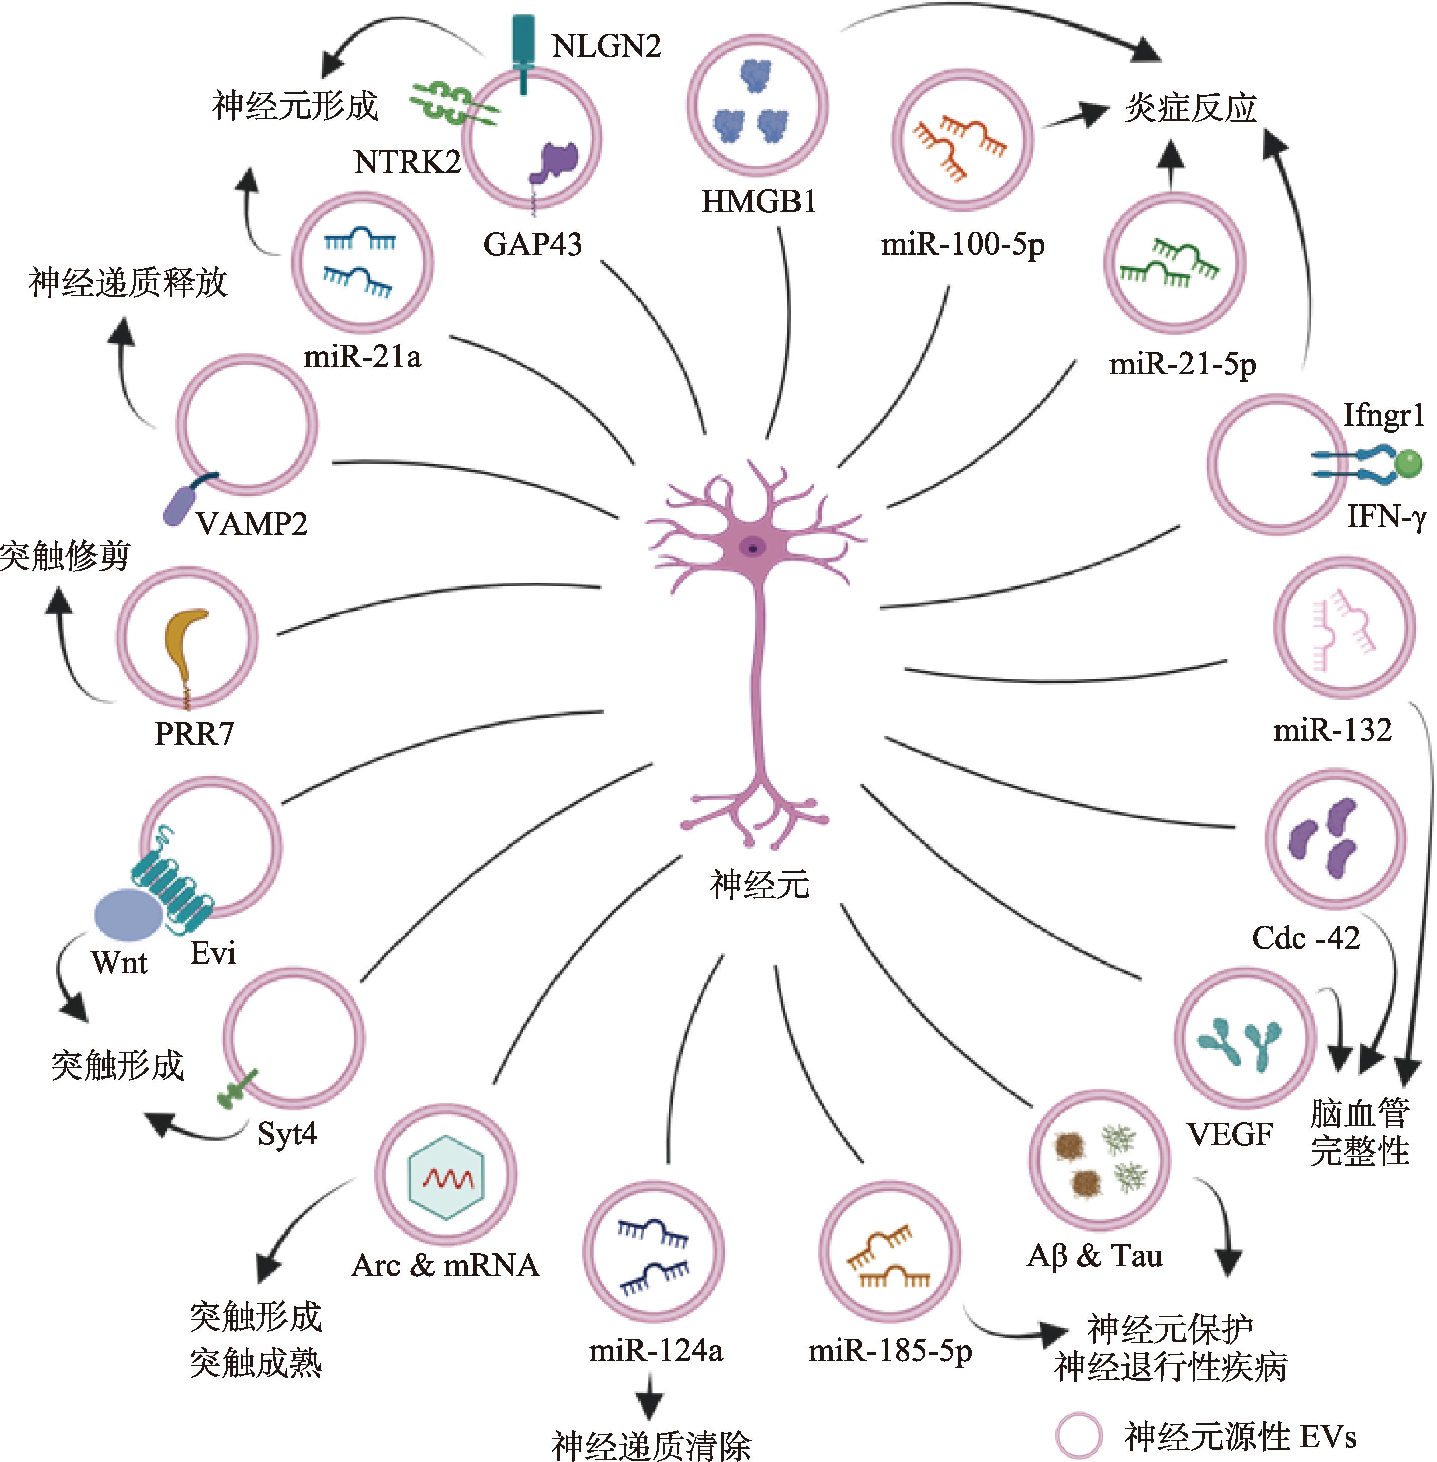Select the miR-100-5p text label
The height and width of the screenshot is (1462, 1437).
click(x=962, y=245)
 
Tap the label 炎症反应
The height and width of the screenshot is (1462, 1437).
click(x=1190, y=108)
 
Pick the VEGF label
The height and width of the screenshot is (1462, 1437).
click(x=1230, y=1134)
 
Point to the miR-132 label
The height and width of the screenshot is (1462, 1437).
click(x=1332, y=730)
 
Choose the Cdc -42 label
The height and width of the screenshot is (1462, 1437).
click(x=1306, y=938)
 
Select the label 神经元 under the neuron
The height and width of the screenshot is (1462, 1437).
click(x=759, y=884)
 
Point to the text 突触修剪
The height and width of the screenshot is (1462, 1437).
click(x=65, y=556)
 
